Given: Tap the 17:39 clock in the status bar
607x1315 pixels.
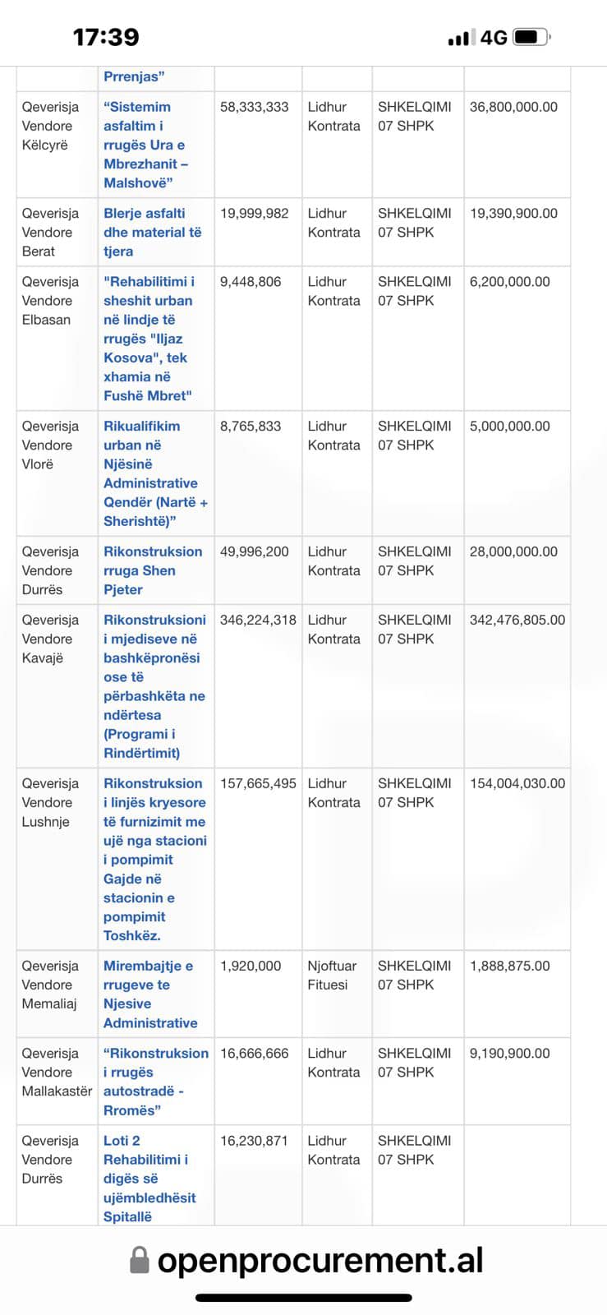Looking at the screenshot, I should (106, 37).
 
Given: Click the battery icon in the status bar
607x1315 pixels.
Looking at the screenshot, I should (530, 37).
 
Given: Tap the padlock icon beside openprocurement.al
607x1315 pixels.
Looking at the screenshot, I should (140, 1259).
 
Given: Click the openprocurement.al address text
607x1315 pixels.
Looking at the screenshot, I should (320, 1259).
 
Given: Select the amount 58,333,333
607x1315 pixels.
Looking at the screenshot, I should (255, 107).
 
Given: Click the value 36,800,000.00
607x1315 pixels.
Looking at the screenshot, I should (513, 107).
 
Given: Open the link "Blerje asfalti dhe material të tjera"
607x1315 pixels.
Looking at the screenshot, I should (152, 232).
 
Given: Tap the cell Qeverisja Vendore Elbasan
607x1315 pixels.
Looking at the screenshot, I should (50, 301).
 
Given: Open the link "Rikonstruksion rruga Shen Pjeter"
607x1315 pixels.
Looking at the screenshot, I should (152, 570).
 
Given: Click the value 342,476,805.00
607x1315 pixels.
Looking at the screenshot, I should (517, 620).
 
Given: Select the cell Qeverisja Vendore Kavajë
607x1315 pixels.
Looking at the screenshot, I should (50, 639).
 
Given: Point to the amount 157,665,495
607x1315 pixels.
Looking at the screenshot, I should (258, 783).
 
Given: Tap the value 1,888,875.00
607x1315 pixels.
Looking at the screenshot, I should (509, 966).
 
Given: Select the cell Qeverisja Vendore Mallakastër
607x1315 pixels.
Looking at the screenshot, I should (56, 1072).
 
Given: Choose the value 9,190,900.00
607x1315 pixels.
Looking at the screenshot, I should (509, 1053).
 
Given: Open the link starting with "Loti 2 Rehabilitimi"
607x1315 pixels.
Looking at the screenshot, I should (149, 1179).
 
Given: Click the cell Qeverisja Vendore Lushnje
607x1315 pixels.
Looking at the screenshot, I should (50, 802).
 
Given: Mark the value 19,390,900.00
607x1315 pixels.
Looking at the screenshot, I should (513, 213).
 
